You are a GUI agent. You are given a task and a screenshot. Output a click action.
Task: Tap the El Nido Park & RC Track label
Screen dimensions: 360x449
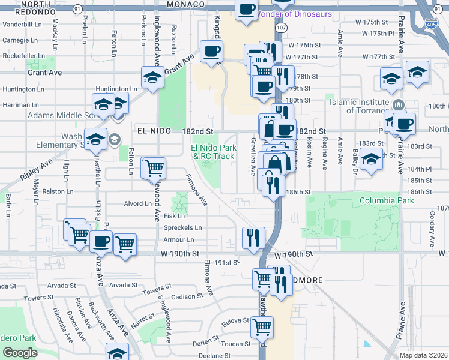pyautogui.click(x=212, y=152)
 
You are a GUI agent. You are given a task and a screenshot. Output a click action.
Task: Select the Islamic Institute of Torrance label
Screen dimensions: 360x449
pyautogui.click(x=366, y=106)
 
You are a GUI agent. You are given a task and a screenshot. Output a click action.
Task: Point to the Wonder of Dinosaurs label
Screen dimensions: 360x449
pyautogui.click(x=294, y=13)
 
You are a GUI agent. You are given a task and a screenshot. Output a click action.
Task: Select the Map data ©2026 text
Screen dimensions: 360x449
pyautogui.click(x=423, y=355)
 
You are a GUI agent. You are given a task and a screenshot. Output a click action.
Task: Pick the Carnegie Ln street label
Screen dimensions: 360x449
pyautogui.click(x=20, y=40)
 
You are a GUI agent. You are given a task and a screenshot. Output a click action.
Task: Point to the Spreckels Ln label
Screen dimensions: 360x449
pyautogui.click(x=183, y=228)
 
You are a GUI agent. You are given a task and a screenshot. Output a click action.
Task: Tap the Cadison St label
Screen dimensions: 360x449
pyautogui.click(x=187, y=296)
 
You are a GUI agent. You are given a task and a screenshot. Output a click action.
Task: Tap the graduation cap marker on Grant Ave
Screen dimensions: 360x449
pyautogui.click(x=153, y=77)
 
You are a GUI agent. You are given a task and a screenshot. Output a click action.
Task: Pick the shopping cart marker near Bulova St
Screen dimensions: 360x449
pyautogui.click(x=262, y=327)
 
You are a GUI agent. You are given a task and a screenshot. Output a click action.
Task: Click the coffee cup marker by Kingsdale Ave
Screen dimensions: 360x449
pyautogui.click(x=211, y=52)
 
